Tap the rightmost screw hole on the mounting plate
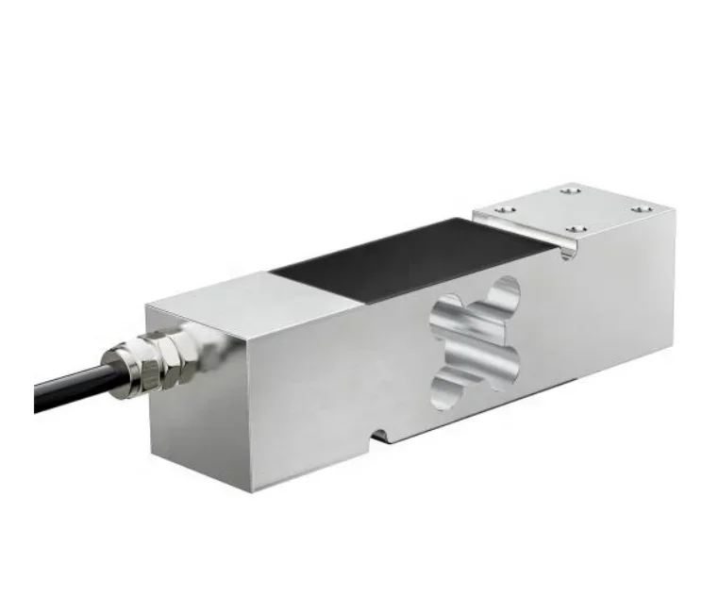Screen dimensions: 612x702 (x=642, y=209)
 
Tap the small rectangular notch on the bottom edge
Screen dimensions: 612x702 (x=381, y=435)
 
